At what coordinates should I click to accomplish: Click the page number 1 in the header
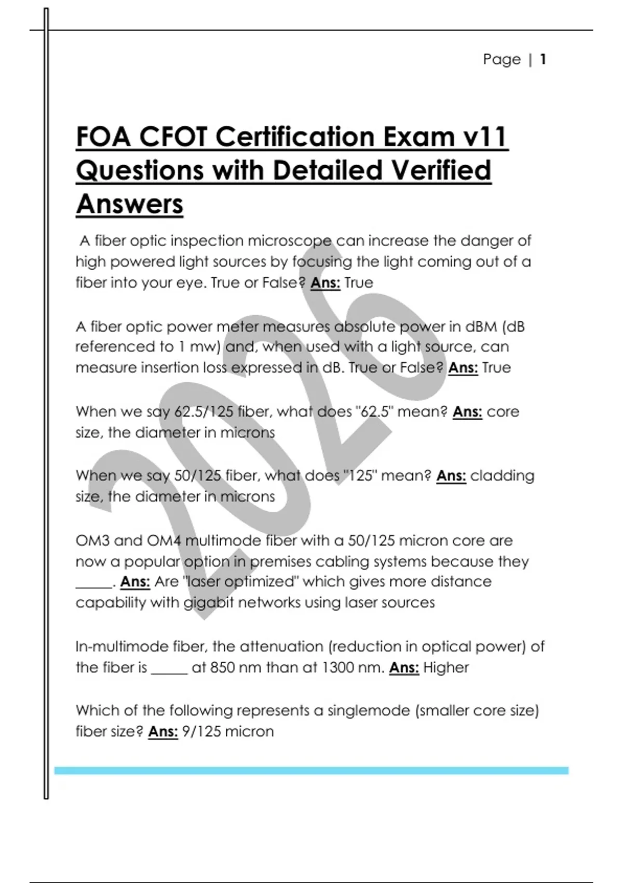pyautogui.click(x=543, y=59)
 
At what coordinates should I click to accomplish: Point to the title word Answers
pyautogui.click(x=129, y=204)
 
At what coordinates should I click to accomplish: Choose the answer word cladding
pyautogui.click(x=502, y=476)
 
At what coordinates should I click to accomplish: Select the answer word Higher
pyautogui.click(x=445, y=667)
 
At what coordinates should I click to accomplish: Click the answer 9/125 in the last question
pyautogui.click(x=199, y=731)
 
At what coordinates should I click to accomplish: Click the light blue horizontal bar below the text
pyautogui.click(x=311, y=771)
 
